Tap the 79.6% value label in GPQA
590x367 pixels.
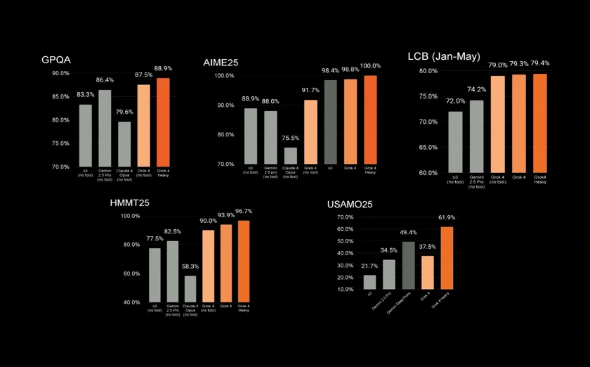(124, 110)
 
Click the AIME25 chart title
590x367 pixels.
(221, 63)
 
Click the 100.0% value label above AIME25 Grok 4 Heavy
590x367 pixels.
(370, 66)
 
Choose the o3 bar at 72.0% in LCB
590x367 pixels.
(455, 141)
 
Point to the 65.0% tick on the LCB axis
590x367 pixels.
(428, 147)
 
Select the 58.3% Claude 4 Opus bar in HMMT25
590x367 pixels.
(190, 288)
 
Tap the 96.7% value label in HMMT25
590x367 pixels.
(244, 211)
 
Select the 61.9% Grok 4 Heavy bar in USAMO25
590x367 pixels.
(447, 257)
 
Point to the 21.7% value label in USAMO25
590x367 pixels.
(369, 265)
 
